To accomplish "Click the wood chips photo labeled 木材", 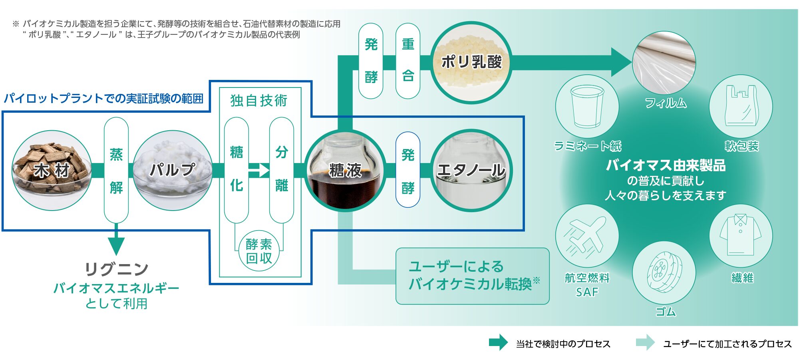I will [52, 170].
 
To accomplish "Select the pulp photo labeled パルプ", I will [173, 170].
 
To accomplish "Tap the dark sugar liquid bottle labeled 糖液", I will [345, 170].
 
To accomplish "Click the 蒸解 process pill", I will [116, 170].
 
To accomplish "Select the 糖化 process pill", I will [237, 169].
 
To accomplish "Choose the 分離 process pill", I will [282, 169].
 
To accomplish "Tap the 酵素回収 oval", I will [259, 251].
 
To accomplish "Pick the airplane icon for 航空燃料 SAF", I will [587, 236].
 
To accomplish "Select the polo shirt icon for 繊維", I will [741, 236].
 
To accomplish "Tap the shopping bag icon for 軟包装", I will [741, 106].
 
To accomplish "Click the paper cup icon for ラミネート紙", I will [587, 106].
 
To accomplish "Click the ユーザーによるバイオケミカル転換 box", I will [473, 276].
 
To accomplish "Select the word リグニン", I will [117, 269].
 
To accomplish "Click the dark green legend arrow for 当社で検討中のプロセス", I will [498, 343].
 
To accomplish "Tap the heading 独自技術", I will [259, 101].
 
